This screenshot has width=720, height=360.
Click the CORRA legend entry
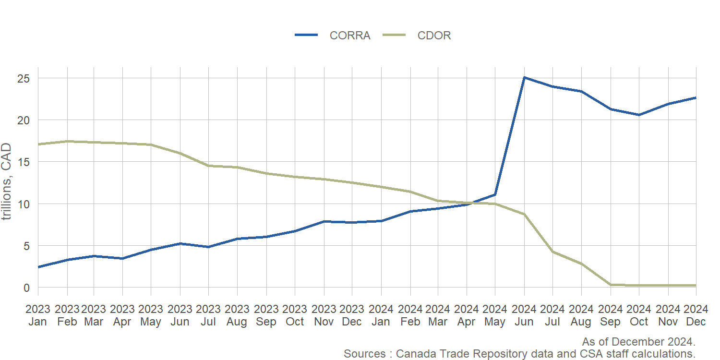[349, 36]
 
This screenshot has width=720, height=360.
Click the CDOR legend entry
[434, 36]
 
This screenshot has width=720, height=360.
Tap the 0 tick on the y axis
[27, 288]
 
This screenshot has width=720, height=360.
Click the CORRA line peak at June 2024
[524, 77]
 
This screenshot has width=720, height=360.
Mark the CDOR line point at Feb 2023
[67, 141]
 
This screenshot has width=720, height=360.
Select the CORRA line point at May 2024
[495, 194]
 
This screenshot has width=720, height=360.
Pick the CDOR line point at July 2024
[553, 252]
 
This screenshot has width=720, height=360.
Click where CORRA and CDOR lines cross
[473, 203]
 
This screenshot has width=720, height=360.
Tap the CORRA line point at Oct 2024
[639, 115]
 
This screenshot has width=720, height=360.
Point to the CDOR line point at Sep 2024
[611, 285]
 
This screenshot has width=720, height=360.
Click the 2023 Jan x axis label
[37, 315]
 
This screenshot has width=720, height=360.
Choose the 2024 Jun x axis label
[524, 315]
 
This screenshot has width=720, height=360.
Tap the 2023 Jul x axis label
[208, 315]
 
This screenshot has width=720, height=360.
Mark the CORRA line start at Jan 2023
[38, 267]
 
